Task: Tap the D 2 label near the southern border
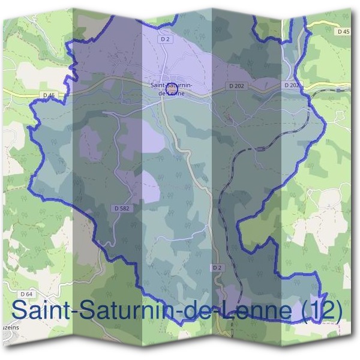tap(217, 266)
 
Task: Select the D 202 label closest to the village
tap(237, 86)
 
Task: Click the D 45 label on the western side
tap(49, 95)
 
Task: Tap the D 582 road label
tap(121, 208)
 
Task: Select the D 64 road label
tap(25, 294)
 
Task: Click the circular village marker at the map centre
tap(170, 89)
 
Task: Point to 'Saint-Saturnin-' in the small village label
tap(171, 85)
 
